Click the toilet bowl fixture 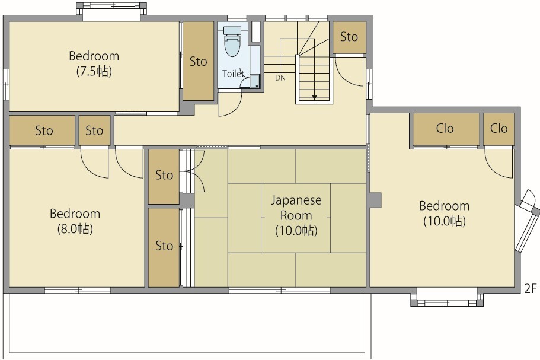click(x=232, y=42)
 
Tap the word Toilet click(x=233, y=74)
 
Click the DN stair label click(x=280, y=78)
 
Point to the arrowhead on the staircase click(x=314, y=97)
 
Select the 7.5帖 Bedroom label click(x=94, y=63)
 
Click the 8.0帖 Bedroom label click(x=75, y=221)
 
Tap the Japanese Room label click(x=296, y=215)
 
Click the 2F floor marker click(x=531, y=288)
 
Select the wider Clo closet click(x=446, y=129)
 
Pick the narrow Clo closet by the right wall click(x=499, y=129)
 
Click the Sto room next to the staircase click(x=349, y=37)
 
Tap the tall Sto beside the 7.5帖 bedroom click(x=198, y=61)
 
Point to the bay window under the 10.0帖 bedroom click(x=447, y=300)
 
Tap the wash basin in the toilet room click(x=255, y=82)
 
